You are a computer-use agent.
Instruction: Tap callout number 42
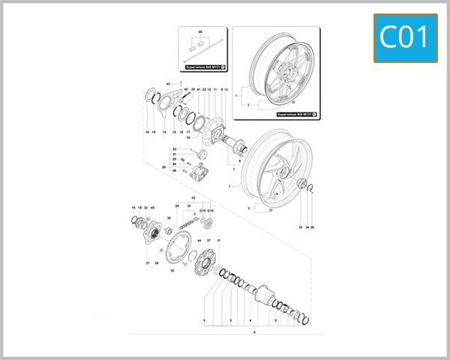193,197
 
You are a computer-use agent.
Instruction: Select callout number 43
169,82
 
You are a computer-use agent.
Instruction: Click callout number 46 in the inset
200,34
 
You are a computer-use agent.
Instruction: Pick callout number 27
148,263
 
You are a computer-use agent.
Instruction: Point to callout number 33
300,226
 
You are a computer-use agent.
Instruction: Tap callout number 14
164,132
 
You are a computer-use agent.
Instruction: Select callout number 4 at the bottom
255,331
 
